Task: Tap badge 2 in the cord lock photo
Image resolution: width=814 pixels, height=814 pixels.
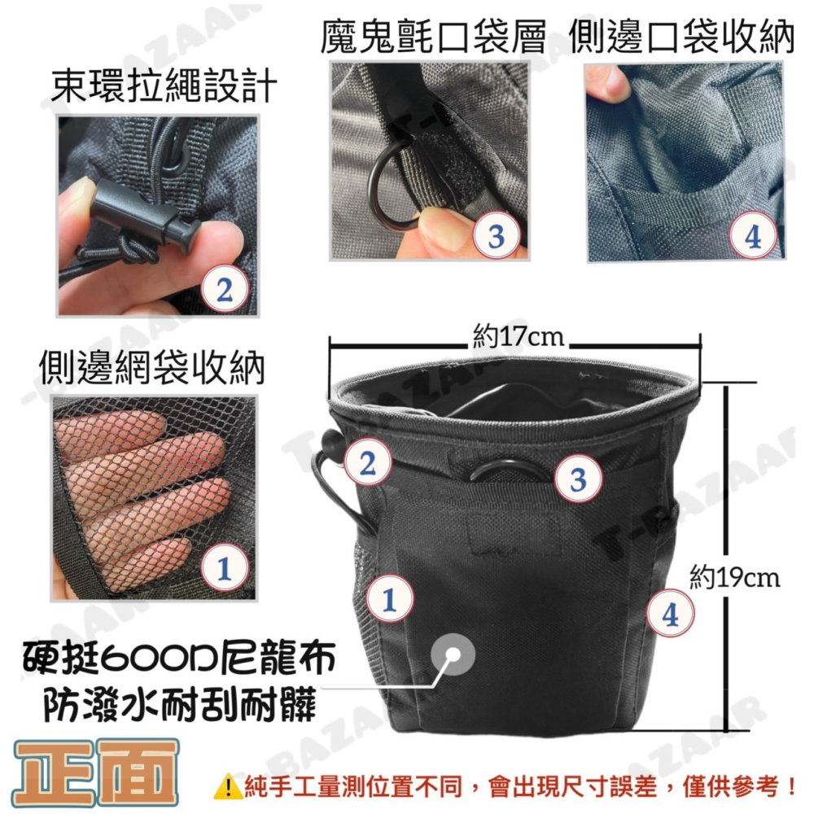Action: [x=225, y=289]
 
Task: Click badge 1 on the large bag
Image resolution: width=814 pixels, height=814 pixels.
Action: [x=389, y=599]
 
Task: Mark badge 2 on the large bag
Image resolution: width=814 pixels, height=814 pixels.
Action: [x=367, y=463]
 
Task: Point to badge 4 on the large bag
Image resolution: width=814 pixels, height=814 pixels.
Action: [x=670, y=615]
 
